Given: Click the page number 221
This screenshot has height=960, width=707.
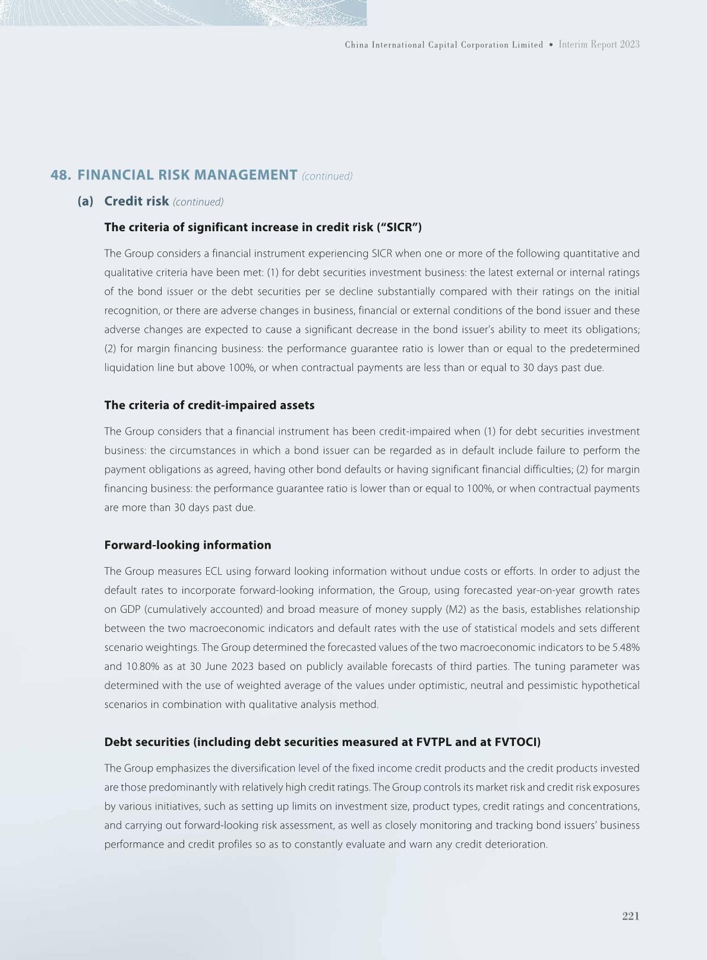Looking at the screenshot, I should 630,916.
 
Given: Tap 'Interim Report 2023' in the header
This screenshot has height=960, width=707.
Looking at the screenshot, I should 599,45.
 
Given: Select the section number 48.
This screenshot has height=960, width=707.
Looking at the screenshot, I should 61,175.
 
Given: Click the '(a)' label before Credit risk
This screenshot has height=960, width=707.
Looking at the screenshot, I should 86,201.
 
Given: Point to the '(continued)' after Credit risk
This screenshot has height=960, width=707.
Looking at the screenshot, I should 198,202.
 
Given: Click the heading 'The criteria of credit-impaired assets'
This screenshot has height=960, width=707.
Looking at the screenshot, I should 209,405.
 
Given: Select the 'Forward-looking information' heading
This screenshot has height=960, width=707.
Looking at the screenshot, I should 187,545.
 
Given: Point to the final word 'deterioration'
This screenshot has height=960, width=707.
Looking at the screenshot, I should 517,844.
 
